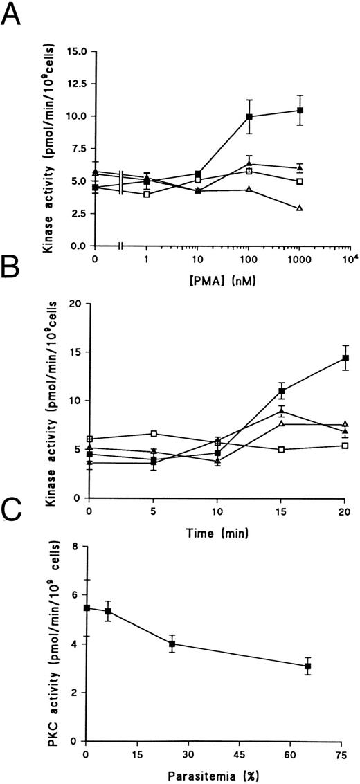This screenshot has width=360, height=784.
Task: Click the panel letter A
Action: pyautogui.click(x=17, y=15)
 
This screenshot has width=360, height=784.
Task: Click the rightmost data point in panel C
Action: pyautogui.click(x=307, y=666)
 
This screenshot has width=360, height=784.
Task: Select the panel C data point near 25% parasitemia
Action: pyautogui.click(x=172, y=644)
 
